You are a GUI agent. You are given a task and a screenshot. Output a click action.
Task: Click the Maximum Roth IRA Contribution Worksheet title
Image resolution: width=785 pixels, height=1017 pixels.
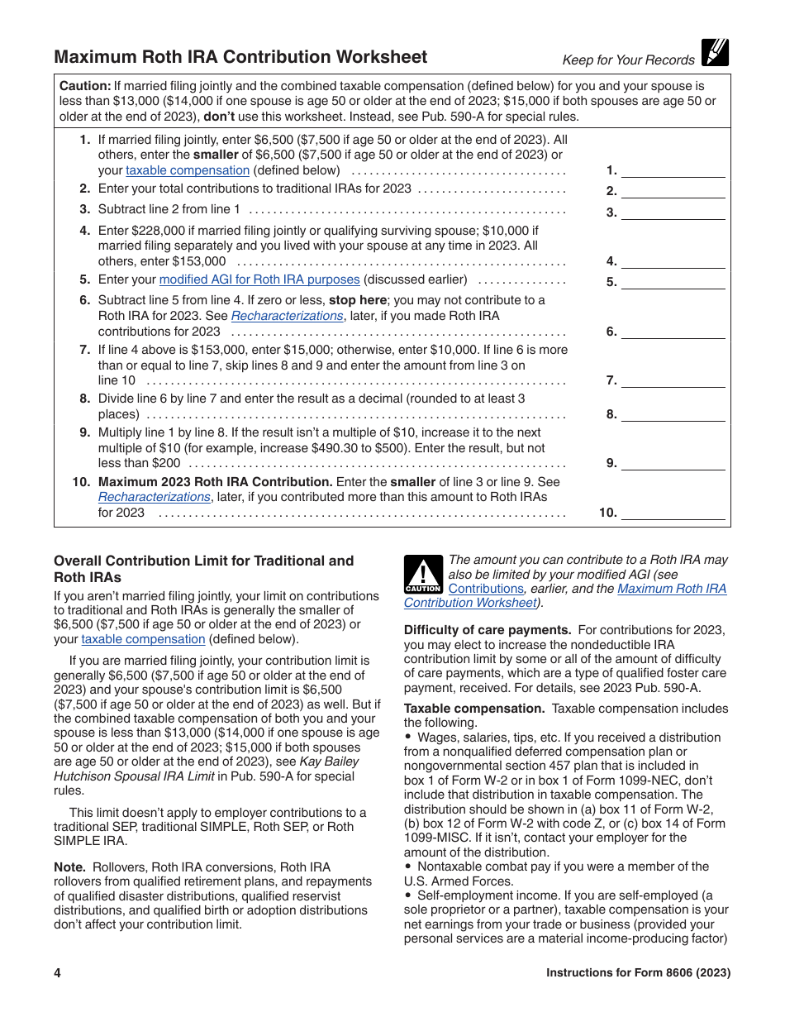tap(240, 57)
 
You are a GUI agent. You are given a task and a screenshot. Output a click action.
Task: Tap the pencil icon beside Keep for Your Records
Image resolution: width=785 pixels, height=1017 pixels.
tap(714, 53)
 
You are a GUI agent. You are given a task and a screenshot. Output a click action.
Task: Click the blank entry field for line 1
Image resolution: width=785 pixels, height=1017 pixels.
tap(673, 170)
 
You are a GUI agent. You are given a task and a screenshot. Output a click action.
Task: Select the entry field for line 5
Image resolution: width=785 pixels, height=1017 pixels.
tap(673, 281)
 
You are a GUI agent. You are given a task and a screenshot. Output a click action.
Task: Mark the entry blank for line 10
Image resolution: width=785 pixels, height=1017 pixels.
tap(673, 513)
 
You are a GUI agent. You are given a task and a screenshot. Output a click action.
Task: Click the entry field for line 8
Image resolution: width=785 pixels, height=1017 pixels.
tap(673, 414)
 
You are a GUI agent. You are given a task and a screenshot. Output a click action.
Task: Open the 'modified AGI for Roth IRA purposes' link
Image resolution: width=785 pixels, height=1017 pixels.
tap(259, 279)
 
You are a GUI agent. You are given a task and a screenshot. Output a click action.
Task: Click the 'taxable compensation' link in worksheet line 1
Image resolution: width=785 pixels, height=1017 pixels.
tap(188, 170)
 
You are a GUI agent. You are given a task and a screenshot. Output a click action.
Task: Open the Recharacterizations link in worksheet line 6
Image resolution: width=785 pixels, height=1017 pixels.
tap(287, 316)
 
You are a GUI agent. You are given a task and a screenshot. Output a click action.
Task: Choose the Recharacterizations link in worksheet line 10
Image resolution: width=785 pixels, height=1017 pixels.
tap(155, 497)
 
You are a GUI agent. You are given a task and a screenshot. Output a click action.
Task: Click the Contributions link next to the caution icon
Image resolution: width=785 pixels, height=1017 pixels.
tap(486, 589)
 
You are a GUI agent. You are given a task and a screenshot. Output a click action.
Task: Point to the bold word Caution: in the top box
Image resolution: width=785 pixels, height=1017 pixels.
tap(85, 86)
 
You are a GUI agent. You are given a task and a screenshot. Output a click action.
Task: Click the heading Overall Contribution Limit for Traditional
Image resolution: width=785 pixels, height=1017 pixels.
tap(203, 561)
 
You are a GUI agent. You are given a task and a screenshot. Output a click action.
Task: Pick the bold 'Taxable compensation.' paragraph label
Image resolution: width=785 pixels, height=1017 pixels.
tap(474, 709)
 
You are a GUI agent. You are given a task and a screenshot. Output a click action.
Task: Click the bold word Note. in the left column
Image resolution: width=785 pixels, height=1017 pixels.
tap(69, 867)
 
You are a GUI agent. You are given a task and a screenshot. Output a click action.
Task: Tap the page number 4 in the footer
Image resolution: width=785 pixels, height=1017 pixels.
tap(58, 973)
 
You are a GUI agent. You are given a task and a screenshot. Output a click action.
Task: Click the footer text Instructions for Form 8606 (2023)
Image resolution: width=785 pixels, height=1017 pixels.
tap(638, 973)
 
